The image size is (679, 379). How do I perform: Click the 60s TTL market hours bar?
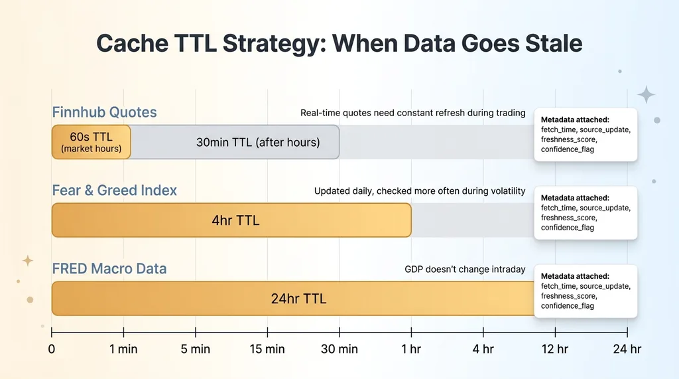point(91,142)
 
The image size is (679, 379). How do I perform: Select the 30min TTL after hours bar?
point(235,142)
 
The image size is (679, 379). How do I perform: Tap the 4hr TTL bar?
point(231,220)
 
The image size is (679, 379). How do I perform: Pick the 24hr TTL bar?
point(292,298)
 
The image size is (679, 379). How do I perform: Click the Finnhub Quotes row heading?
point(104,112)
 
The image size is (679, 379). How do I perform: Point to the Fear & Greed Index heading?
point(114,190)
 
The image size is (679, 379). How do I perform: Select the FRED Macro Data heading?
point(109,268)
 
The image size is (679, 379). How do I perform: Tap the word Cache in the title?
point(132,43)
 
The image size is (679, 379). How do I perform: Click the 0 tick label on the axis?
point(52,349)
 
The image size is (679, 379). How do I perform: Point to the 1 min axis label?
point(123,349)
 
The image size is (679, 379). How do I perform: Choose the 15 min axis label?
point(267,349)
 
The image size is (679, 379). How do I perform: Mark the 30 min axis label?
point(339,349)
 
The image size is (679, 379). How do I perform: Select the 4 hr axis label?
point(483,349)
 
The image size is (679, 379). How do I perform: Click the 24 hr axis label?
point(627,349)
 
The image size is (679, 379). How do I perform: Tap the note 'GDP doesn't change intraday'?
point(465,269)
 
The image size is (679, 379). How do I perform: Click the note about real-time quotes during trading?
point(412,113)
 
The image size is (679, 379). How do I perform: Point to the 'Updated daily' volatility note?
point(420,191)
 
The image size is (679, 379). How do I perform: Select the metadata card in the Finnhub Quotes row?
point(586,135)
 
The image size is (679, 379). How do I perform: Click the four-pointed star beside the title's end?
point(646,94)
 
